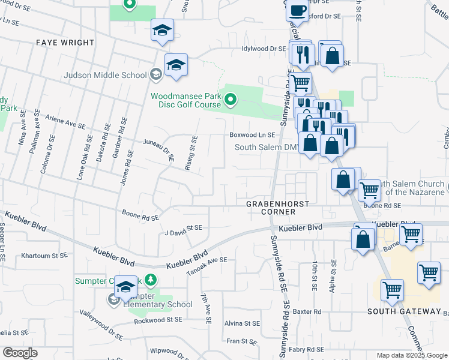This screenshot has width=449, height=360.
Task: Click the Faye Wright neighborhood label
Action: coord(65,43)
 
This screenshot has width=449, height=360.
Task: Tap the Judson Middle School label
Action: coord(106,75)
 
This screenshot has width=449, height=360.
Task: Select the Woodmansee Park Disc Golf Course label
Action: coord(185,100)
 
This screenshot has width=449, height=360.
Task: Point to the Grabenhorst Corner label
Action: coord(278,204)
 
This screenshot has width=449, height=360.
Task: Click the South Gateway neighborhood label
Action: coord(404,311)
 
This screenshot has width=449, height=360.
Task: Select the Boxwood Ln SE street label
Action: coord(252,135)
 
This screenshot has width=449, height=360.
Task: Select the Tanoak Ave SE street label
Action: coord(206,260)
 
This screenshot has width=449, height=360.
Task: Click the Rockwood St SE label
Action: coord(157,320)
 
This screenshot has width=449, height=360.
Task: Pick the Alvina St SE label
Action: coord(241,323)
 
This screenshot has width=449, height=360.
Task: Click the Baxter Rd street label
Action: coord(307,312)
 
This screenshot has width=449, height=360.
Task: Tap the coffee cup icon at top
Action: coord(298,10)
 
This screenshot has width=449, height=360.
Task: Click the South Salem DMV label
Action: coord(267,147)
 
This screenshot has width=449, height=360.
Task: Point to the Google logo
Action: coord(20,353)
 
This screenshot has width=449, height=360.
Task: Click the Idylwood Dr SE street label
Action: coord(264,49)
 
